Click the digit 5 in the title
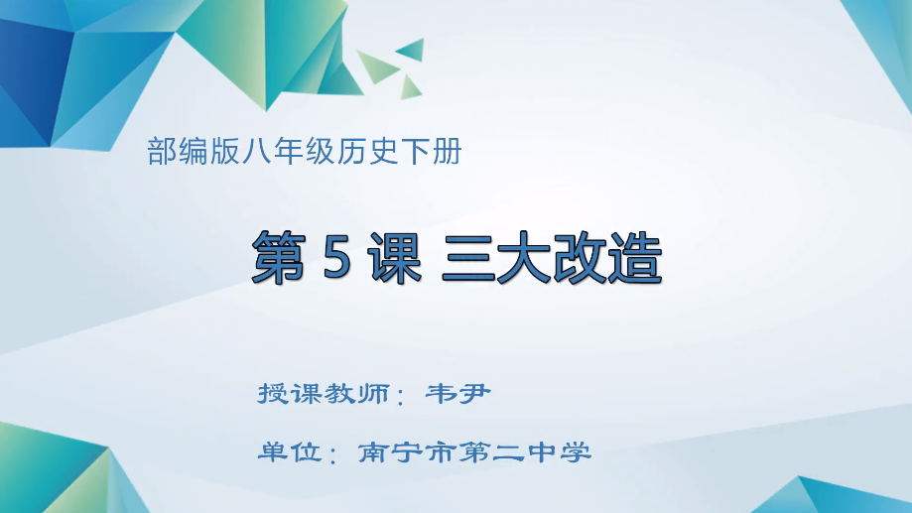pyautogui.click(x=336, y=257)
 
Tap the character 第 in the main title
pyautogui.click(x=279, y=257)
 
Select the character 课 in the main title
pyautogui.click(x=395, y=257)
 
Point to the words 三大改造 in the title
pyautogui.click(x=552, y=257)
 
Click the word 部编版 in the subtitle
pyautogui.click(x=194, y=151)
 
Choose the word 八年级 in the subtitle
pyautogui.click(x=288, y=151)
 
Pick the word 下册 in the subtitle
pyautogui.click(x=431, y=151)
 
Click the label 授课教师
pyautogui.click(x=324, y=394)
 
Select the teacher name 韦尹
pyautogui.click(x=458, y=394)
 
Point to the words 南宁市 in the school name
pyautogui.click(x=407, y=451)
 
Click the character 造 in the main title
pyautogui.click(x=635, y=257)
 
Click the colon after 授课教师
pyautogui.click(x=400, y=396)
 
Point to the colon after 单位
pyautogui.click(x=333, y=453)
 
